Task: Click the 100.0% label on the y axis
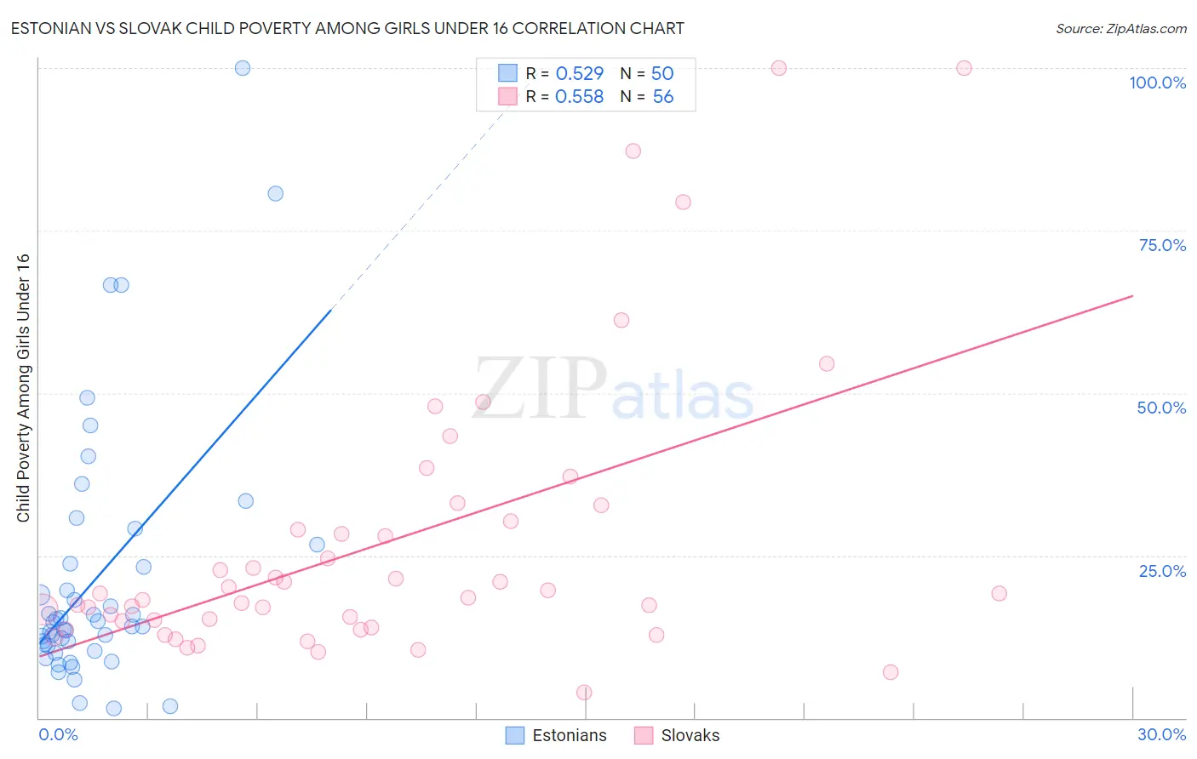pyautogui.click(x=1157, y=83)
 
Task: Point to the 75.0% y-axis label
pyautogui.click(x=1162, y=245)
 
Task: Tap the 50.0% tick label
pyautogui.click(x=1161, y=408)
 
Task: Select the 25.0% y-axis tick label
pyautogui.click(x=1162, y=571)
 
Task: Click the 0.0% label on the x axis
pyautogui.click(x=58, y=734)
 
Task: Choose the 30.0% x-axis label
pyautogui.click(x=1161, y=734)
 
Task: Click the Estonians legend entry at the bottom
pyautogui.click(x=557, y=735)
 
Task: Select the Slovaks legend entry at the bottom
pyautogui.click(x=678, y=735)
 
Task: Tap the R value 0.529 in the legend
pyautogui.click(x=579, y=74)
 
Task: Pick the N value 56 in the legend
pyautogui.click(x=662, y=97)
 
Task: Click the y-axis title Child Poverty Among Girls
pyautogui.click(x=23, y=388)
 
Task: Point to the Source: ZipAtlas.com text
pyautogui.click(x=1120, y=29)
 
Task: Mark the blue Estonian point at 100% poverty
pyautogui.click(x=243, y=68)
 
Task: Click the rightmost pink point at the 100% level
pyautogui.click(x=964, y=68)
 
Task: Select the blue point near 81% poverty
pyautogui.click(x=275, y=193)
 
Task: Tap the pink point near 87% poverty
pyautogui.click(x=633, y=151)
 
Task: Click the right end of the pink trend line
pyautogui.click(x=1132, y=296)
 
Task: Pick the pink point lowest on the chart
pyautogui.click(x=584, y=693)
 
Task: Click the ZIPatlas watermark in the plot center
pyautogui.click(x=613, y=390)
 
